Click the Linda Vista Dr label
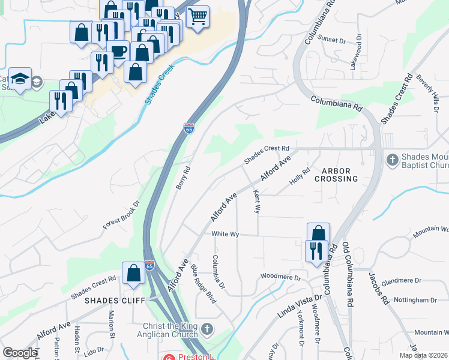pyautogui.click(x=296, y=307)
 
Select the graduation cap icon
pyautogui.click(x=20, y=79)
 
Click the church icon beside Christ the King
pyautogui.click(x=207, y=329)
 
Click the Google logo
pyautogui.click(x=20, y=353)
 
